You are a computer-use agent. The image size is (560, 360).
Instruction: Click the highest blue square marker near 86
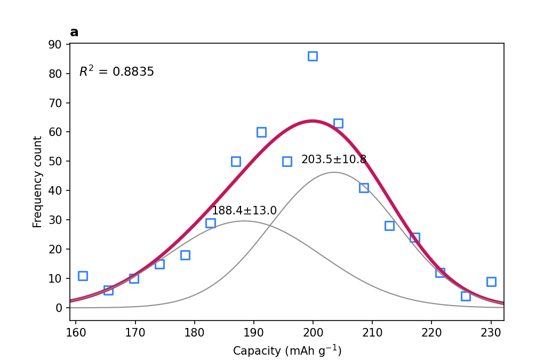click(313, 56)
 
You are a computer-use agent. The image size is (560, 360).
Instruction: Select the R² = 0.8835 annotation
click(116, 71)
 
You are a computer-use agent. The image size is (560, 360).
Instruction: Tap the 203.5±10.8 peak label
click(334, 159)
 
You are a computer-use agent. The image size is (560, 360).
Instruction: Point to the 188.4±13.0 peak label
click(244, 211)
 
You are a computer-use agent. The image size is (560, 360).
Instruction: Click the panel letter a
click(74, 33)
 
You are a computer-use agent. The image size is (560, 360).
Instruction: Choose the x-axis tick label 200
click(313, 333)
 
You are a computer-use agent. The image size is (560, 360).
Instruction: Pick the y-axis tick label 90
click(54, 44)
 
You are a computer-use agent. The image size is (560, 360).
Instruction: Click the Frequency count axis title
click(37, 182)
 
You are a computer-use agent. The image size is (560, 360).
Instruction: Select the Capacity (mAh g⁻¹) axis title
click(287, 350)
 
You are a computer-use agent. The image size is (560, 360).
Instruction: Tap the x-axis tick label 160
click(76, 333)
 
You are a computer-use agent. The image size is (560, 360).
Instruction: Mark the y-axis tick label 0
click(59, 308)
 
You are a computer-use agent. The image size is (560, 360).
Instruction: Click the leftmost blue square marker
click(83, 276)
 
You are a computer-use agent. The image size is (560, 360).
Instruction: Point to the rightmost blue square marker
click(491, 282)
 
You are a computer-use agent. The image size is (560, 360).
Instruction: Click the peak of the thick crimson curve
click(312, 121)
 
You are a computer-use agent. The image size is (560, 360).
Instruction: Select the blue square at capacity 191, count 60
click(261, 132)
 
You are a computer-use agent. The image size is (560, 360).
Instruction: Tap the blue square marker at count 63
click(338, 124)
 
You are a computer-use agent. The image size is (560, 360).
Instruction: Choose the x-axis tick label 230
click(491, 333)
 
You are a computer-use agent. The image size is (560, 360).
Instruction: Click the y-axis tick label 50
click(54, 162)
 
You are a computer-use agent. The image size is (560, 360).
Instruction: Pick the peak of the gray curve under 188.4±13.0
click(244, 221)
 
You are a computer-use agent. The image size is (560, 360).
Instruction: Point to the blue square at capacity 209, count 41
click(364, 188)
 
